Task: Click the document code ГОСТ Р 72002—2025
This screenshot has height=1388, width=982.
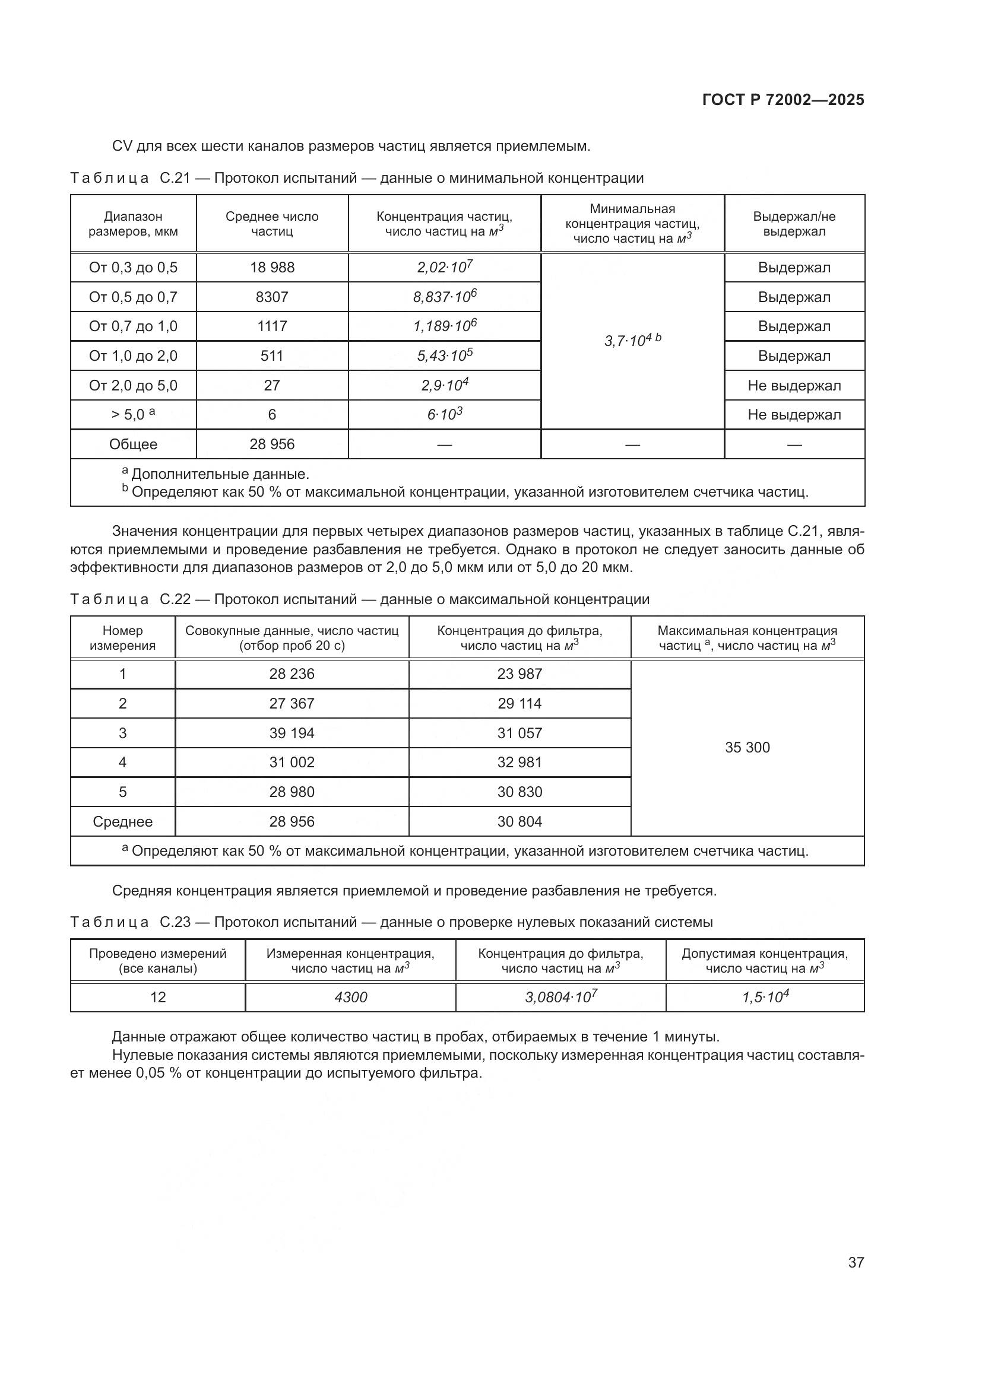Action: click(x=783, y=100)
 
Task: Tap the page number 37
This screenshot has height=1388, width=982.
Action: click(x=856, y=1262)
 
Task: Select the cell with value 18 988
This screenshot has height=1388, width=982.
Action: click(x=272, y=268)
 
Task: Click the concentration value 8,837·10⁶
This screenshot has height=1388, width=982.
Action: click(x=445, y=297)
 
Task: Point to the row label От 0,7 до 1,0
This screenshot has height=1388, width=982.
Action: click(x=133, y=326)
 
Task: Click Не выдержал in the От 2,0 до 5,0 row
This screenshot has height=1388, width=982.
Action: click(x=794, y=386)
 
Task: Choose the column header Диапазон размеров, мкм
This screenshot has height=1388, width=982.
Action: click(x=133, y=224)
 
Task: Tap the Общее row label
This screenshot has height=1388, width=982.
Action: click(x=133, y=444)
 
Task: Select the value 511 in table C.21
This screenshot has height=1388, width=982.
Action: click(x=272, y=355)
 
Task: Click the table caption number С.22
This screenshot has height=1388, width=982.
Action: click(x=175, y=600)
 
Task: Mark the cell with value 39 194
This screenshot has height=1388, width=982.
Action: click(x=292, y=733)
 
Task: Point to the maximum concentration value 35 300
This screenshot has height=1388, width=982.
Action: click(x=747, y=748)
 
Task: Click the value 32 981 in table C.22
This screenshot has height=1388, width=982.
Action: click(x=519, y=763)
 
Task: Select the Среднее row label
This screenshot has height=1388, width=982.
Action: click(x=123, y=821)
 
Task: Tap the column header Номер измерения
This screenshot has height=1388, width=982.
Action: click(x=123, y=638)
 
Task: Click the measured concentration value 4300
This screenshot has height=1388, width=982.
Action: click(x=351, y=998)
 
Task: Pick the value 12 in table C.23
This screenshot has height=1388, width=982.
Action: click(x=158, y=998)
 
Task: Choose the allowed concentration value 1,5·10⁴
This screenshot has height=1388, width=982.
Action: click(x=765, y=998)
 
